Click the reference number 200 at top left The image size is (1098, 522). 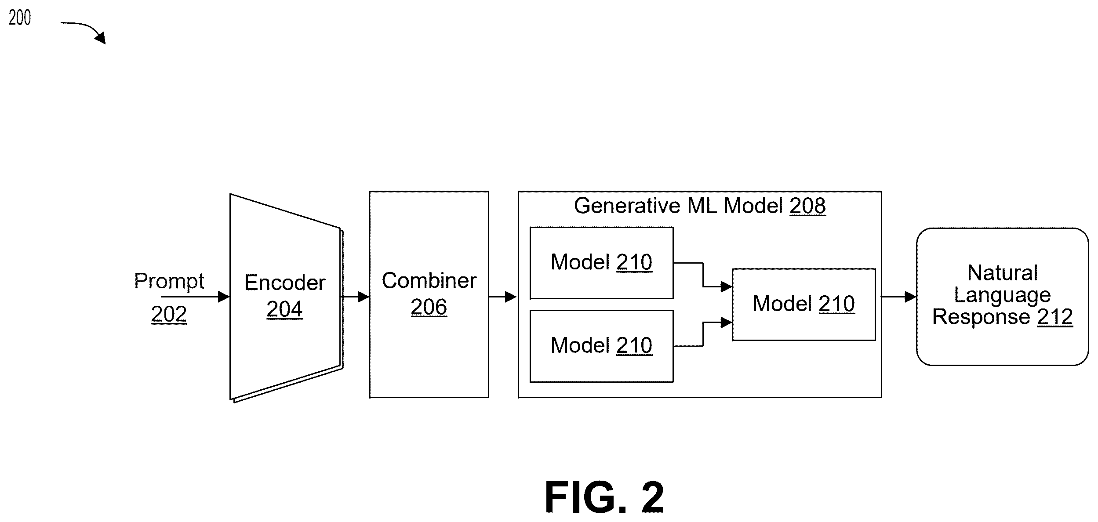click(20, 18)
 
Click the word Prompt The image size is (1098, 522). click(169, 281)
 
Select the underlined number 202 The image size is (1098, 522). click(169, 314)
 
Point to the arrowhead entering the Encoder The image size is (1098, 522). click(224, 297)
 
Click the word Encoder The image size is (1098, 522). click(285, 282)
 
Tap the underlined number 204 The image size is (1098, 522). click(285, 309)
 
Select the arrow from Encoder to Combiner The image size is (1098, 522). click(355, 297)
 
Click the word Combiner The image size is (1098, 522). click(429, 280)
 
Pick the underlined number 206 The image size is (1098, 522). click(429, 307)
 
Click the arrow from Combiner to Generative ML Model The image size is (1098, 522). click(503, 297)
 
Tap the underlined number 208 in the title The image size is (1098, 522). click(808, 206)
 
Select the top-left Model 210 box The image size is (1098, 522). click(602, 263)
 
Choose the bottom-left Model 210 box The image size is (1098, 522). click(602, 346)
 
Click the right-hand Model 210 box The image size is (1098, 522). click(804, 304)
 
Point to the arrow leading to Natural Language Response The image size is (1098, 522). click(899, 297)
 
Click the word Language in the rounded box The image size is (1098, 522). click(1003, 295)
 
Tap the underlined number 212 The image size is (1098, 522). click(1055, 317)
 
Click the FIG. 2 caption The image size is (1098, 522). click(604, 497)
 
